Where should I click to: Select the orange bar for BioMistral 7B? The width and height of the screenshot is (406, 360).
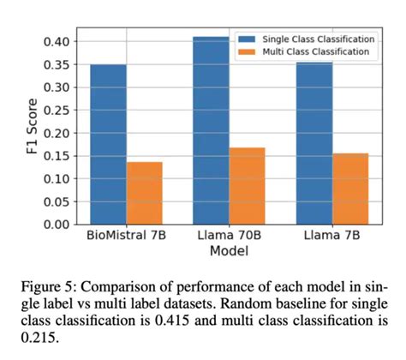click(144, 193)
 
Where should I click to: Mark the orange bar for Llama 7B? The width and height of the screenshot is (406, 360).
click(349, 189)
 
